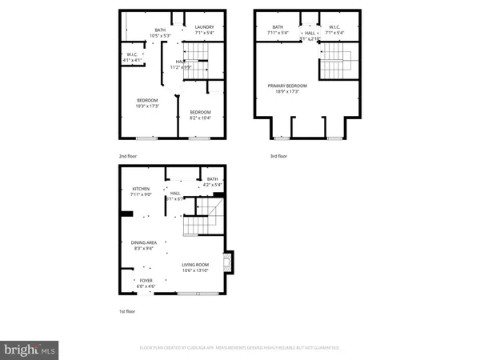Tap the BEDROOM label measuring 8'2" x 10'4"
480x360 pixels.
200,111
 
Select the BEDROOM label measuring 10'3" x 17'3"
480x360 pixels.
146,99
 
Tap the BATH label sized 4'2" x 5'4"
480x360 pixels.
212,179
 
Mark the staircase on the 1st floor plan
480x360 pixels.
198,218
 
